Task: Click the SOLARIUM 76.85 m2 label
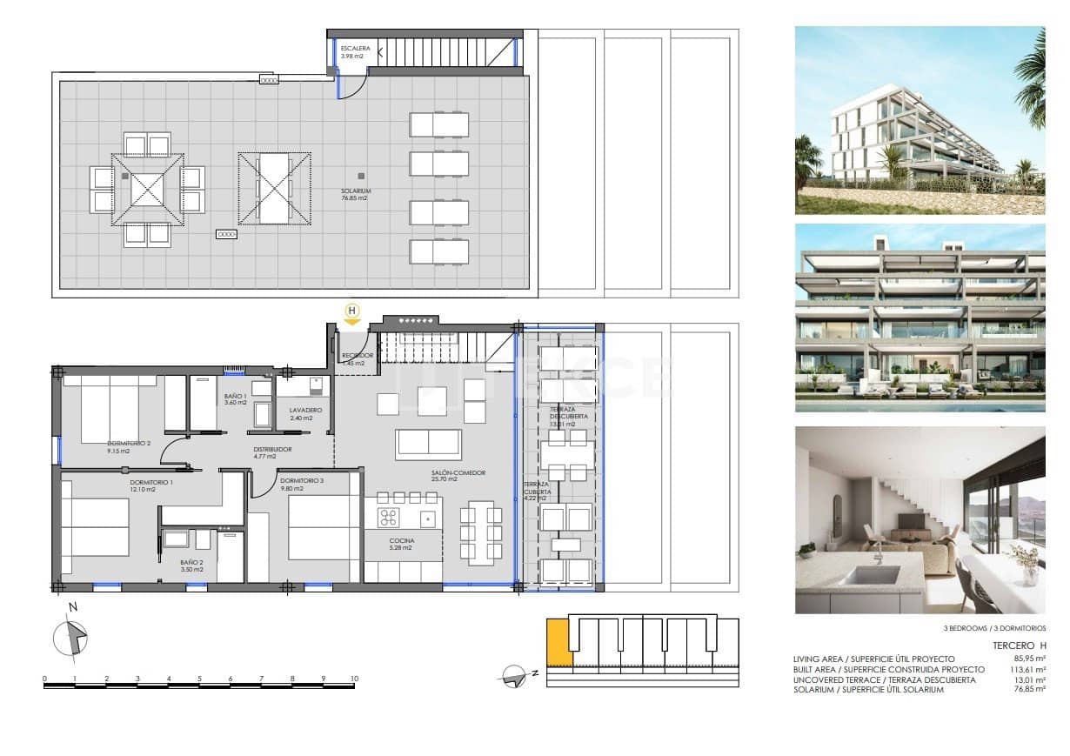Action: pyautogui.click(x=357, y=194)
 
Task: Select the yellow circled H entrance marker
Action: pyautogui.click(x=352, y=311)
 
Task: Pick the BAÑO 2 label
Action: pyautogui.click(x=191, y=565)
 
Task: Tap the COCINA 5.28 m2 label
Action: pyautogui.click(x=403, y=545)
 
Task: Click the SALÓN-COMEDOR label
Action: pyautogui.click(x=458, y=476)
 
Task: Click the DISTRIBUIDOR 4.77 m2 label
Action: pyautogui.click(x=272, y=452)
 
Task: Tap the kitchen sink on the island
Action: pyautogui.click(x=428, y=519)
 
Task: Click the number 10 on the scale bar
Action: pyautogui.click(x=354, y=678)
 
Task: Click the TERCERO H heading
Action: pyautogui.click(x=1019, y=646)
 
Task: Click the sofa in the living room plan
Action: pyautogui.click(x=428, y=444)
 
